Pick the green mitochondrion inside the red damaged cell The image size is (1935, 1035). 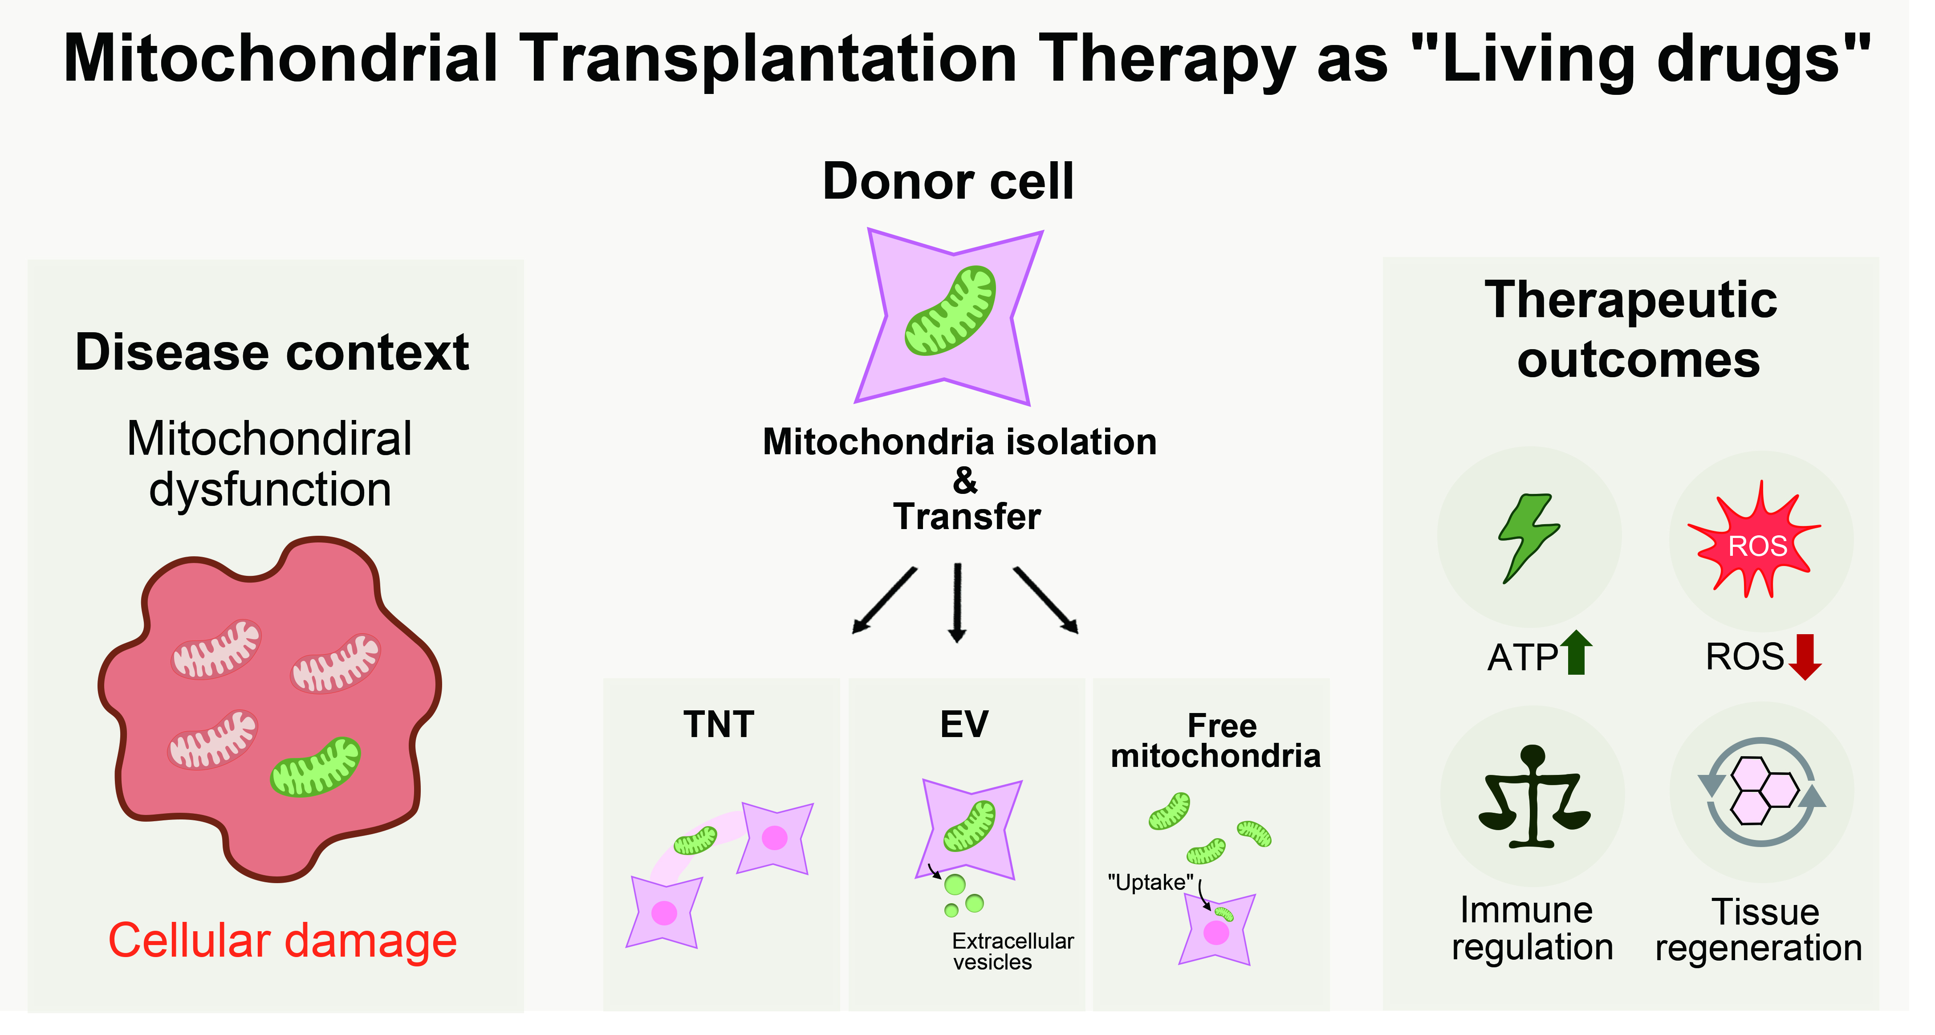point(316,767)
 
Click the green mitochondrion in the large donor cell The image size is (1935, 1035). point(950,310)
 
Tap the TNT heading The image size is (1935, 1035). point(719,725)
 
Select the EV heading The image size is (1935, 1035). point(964,725)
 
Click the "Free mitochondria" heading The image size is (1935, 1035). point(1215,741)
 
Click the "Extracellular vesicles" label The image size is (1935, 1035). point(1012,952)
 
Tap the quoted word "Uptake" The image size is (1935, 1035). point(1151,883)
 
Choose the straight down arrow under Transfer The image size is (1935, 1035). point(957,603)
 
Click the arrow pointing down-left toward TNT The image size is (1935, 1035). point(884,601)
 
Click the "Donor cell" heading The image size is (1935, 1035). point(948,182)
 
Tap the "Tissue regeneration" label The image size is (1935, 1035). point(1759,930)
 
